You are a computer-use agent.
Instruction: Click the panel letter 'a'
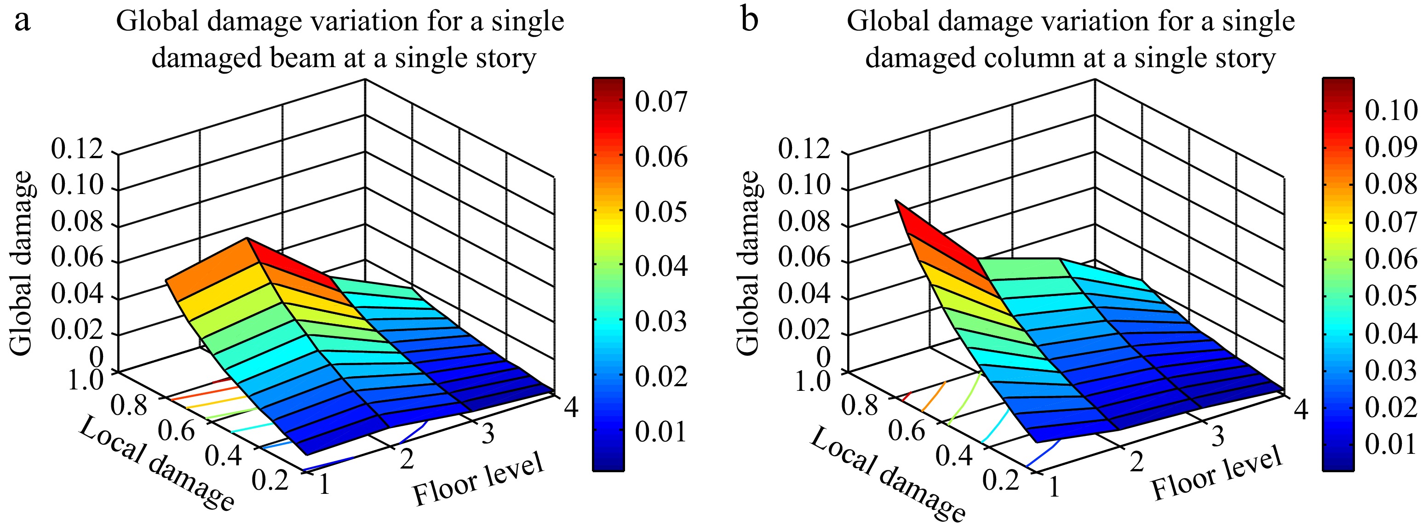tap(22, 22)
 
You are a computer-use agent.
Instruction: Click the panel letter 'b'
tap(749, 21)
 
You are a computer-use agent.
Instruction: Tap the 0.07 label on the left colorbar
tap(660, 102)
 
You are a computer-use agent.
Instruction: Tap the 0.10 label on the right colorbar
tap(1390, 110)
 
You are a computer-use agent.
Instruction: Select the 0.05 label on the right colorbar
tap(1390, 297)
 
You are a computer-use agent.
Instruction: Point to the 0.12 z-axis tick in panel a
tap(77, 149)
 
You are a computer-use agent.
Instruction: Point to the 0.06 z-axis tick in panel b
tap(804, 258)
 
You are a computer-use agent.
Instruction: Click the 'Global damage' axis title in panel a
tap(22, 263)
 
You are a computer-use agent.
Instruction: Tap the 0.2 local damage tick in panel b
tap(1000, 481)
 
